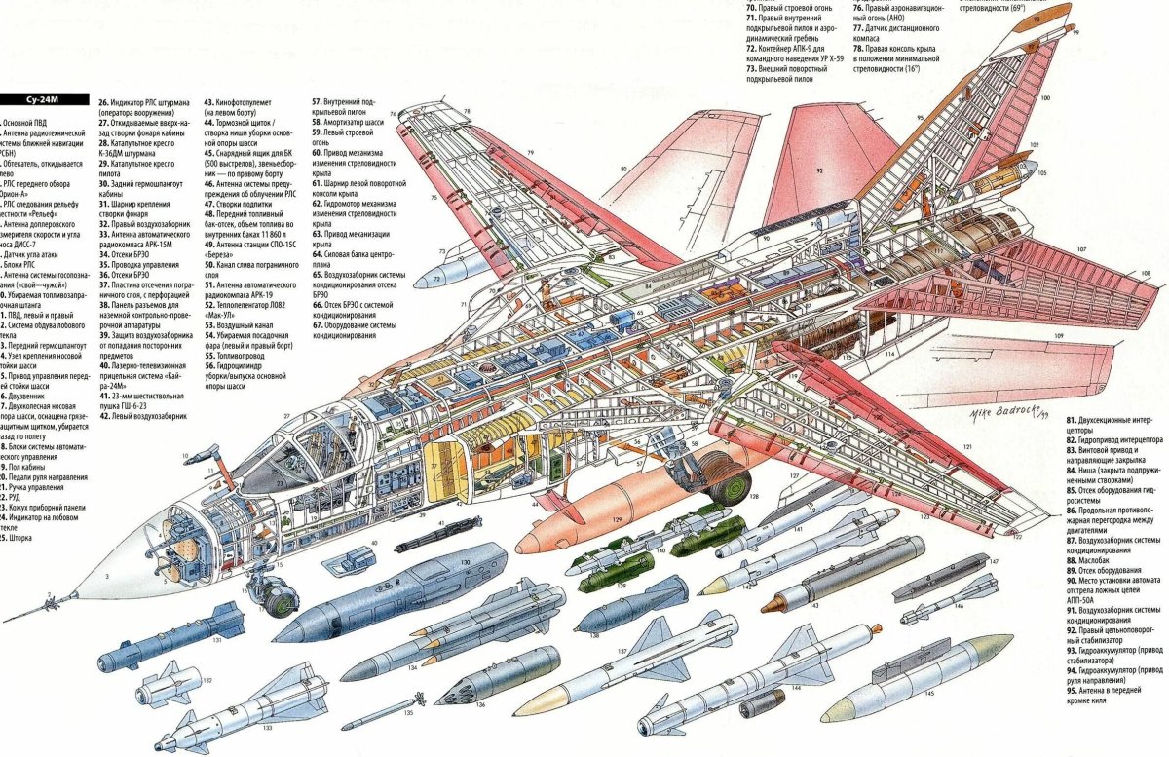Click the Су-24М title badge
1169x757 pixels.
[x=45, y=98]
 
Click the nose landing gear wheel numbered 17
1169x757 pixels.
[x=274, y=595]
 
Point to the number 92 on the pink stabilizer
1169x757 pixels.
[x=819, y=170]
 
